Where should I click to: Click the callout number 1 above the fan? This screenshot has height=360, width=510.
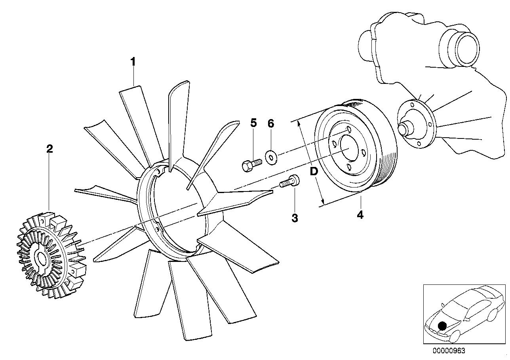point(133,62)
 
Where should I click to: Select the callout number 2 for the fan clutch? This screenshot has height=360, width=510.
point(49,149)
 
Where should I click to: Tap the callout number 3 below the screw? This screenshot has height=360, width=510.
point(295,218)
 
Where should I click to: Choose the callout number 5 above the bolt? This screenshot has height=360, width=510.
point(253,123)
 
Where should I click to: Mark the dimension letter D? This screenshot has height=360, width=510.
point(314,171)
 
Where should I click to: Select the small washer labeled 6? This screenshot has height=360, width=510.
point(271,157)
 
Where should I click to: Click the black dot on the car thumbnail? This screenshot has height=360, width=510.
point(442,326)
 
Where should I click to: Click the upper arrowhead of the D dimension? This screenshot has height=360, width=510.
point(299,123)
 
